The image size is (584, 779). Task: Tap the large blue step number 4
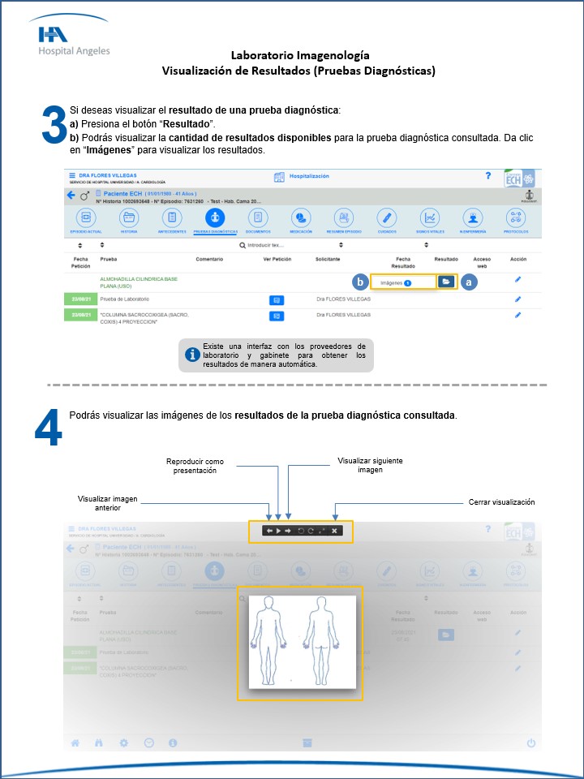(x=48, y=428)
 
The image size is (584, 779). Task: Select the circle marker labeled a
(x=469, y=282)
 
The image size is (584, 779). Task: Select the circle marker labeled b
(x=360, y=282)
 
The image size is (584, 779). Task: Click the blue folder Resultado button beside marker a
(x=445, y=282)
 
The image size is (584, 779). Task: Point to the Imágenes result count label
(x=395, y=282)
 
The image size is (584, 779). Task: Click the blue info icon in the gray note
(x=192, y=355)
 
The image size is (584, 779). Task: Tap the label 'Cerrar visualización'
(x=501, y=502)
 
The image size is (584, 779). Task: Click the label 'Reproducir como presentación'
(x=195, y=465)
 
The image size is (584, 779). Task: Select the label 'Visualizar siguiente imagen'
(x=370, y=465)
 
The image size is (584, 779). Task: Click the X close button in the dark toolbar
(x=334, y=531)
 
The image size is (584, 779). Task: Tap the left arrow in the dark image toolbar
(x=269, y=531)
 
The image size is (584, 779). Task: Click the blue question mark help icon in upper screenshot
(x=487, y=176)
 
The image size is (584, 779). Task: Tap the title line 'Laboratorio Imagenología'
(x=300, y=55)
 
